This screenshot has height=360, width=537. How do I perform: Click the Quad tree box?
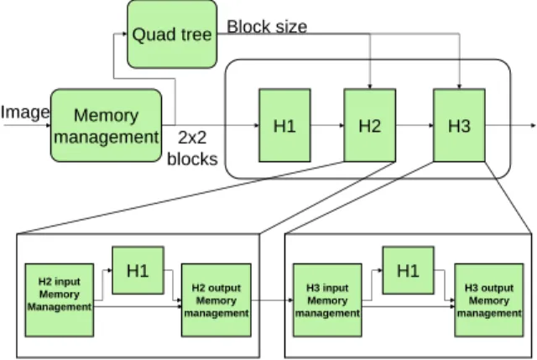[172, 34]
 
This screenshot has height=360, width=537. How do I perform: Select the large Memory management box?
[107, 125]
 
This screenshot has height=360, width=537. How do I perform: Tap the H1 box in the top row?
[284, 125]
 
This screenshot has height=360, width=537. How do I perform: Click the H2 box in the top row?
[370, 125]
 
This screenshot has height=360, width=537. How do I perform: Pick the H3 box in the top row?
[459, 125]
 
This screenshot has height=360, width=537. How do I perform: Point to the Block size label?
[267, 27]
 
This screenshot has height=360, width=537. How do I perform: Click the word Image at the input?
[25, 113]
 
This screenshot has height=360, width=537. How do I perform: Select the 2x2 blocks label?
[192, 149]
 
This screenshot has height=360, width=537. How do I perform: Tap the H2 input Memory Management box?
[60, 300]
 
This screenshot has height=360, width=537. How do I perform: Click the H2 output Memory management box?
[216, 300]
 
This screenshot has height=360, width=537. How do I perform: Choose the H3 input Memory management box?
[327, 300]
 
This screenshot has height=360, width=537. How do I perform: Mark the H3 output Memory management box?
[489, 300]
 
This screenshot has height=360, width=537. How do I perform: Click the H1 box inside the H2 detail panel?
[138, 270]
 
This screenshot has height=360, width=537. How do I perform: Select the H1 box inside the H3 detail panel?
[409, 270]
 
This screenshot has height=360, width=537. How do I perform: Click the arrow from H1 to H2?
[327, 125]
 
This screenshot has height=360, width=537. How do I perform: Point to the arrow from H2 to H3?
[414, 125]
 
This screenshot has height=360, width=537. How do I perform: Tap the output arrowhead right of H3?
[533, 125]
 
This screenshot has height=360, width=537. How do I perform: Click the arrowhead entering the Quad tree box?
[125, 34]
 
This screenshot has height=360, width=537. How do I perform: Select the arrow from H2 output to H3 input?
[272, 300]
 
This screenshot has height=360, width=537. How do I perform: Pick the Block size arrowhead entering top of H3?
[459, 86]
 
